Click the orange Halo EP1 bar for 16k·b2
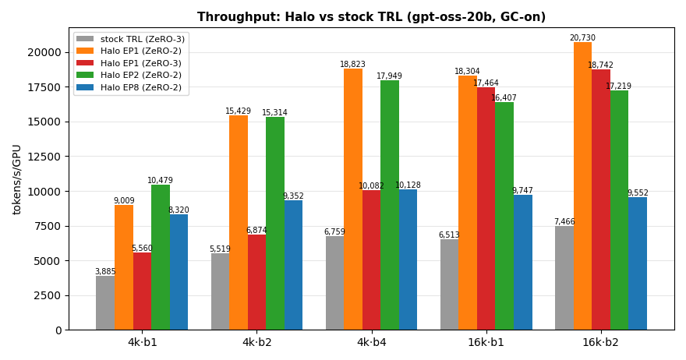click(582, 186)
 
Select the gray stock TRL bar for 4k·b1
click(105, 302)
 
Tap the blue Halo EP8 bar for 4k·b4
click(408, 259)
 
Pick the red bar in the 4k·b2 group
click(256, 282)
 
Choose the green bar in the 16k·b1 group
click(504, 216)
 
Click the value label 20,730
click(582, 37)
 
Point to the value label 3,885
click(105, 272)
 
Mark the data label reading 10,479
click(160, 180)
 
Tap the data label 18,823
click(352, 65)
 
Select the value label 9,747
click(522, 190)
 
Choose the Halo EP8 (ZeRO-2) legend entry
click(129, 87)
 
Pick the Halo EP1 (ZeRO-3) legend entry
click(129, 63)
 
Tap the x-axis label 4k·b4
click(371, 342)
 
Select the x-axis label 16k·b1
click(486, 342)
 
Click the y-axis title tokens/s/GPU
click(16, 180)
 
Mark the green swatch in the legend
click(85, 75)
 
